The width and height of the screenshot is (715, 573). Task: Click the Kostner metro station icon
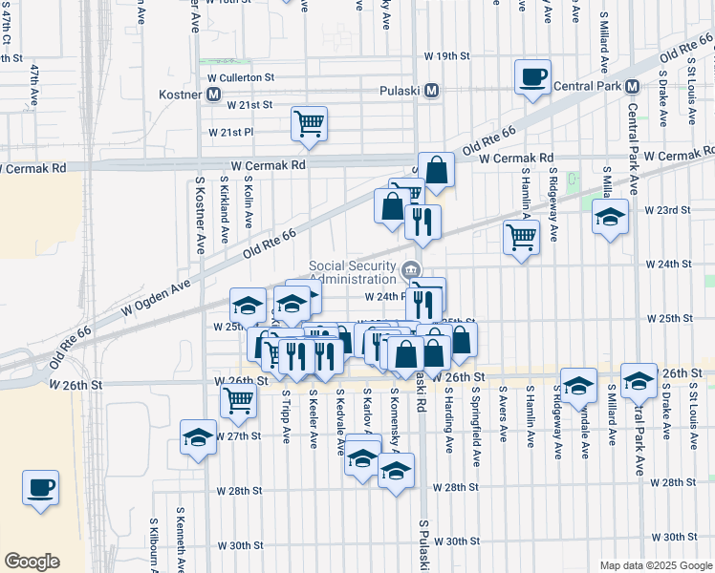[214, 95]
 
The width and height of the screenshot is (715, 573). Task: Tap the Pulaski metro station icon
[432, 91]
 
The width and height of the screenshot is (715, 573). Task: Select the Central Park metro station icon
[632, 87]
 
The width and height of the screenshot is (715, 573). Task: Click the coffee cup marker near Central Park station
[531, 76]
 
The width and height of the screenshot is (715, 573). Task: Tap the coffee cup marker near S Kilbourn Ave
[41, 487]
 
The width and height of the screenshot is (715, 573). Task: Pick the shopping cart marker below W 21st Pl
[309, 123]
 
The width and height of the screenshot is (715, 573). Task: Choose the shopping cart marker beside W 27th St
[238, 400]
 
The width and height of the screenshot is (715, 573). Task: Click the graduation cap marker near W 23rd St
[610, 217]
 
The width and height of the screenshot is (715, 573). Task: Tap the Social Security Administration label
[353, 272]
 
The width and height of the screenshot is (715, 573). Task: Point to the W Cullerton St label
[241, 76]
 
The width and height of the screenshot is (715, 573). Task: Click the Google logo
[32, 562]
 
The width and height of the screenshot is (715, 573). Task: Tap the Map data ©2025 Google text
[655, 565]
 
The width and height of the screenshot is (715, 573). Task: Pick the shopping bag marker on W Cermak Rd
[436, 171]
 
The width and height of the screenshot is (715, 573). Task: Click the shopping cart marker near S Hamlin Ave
[520, 236]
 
